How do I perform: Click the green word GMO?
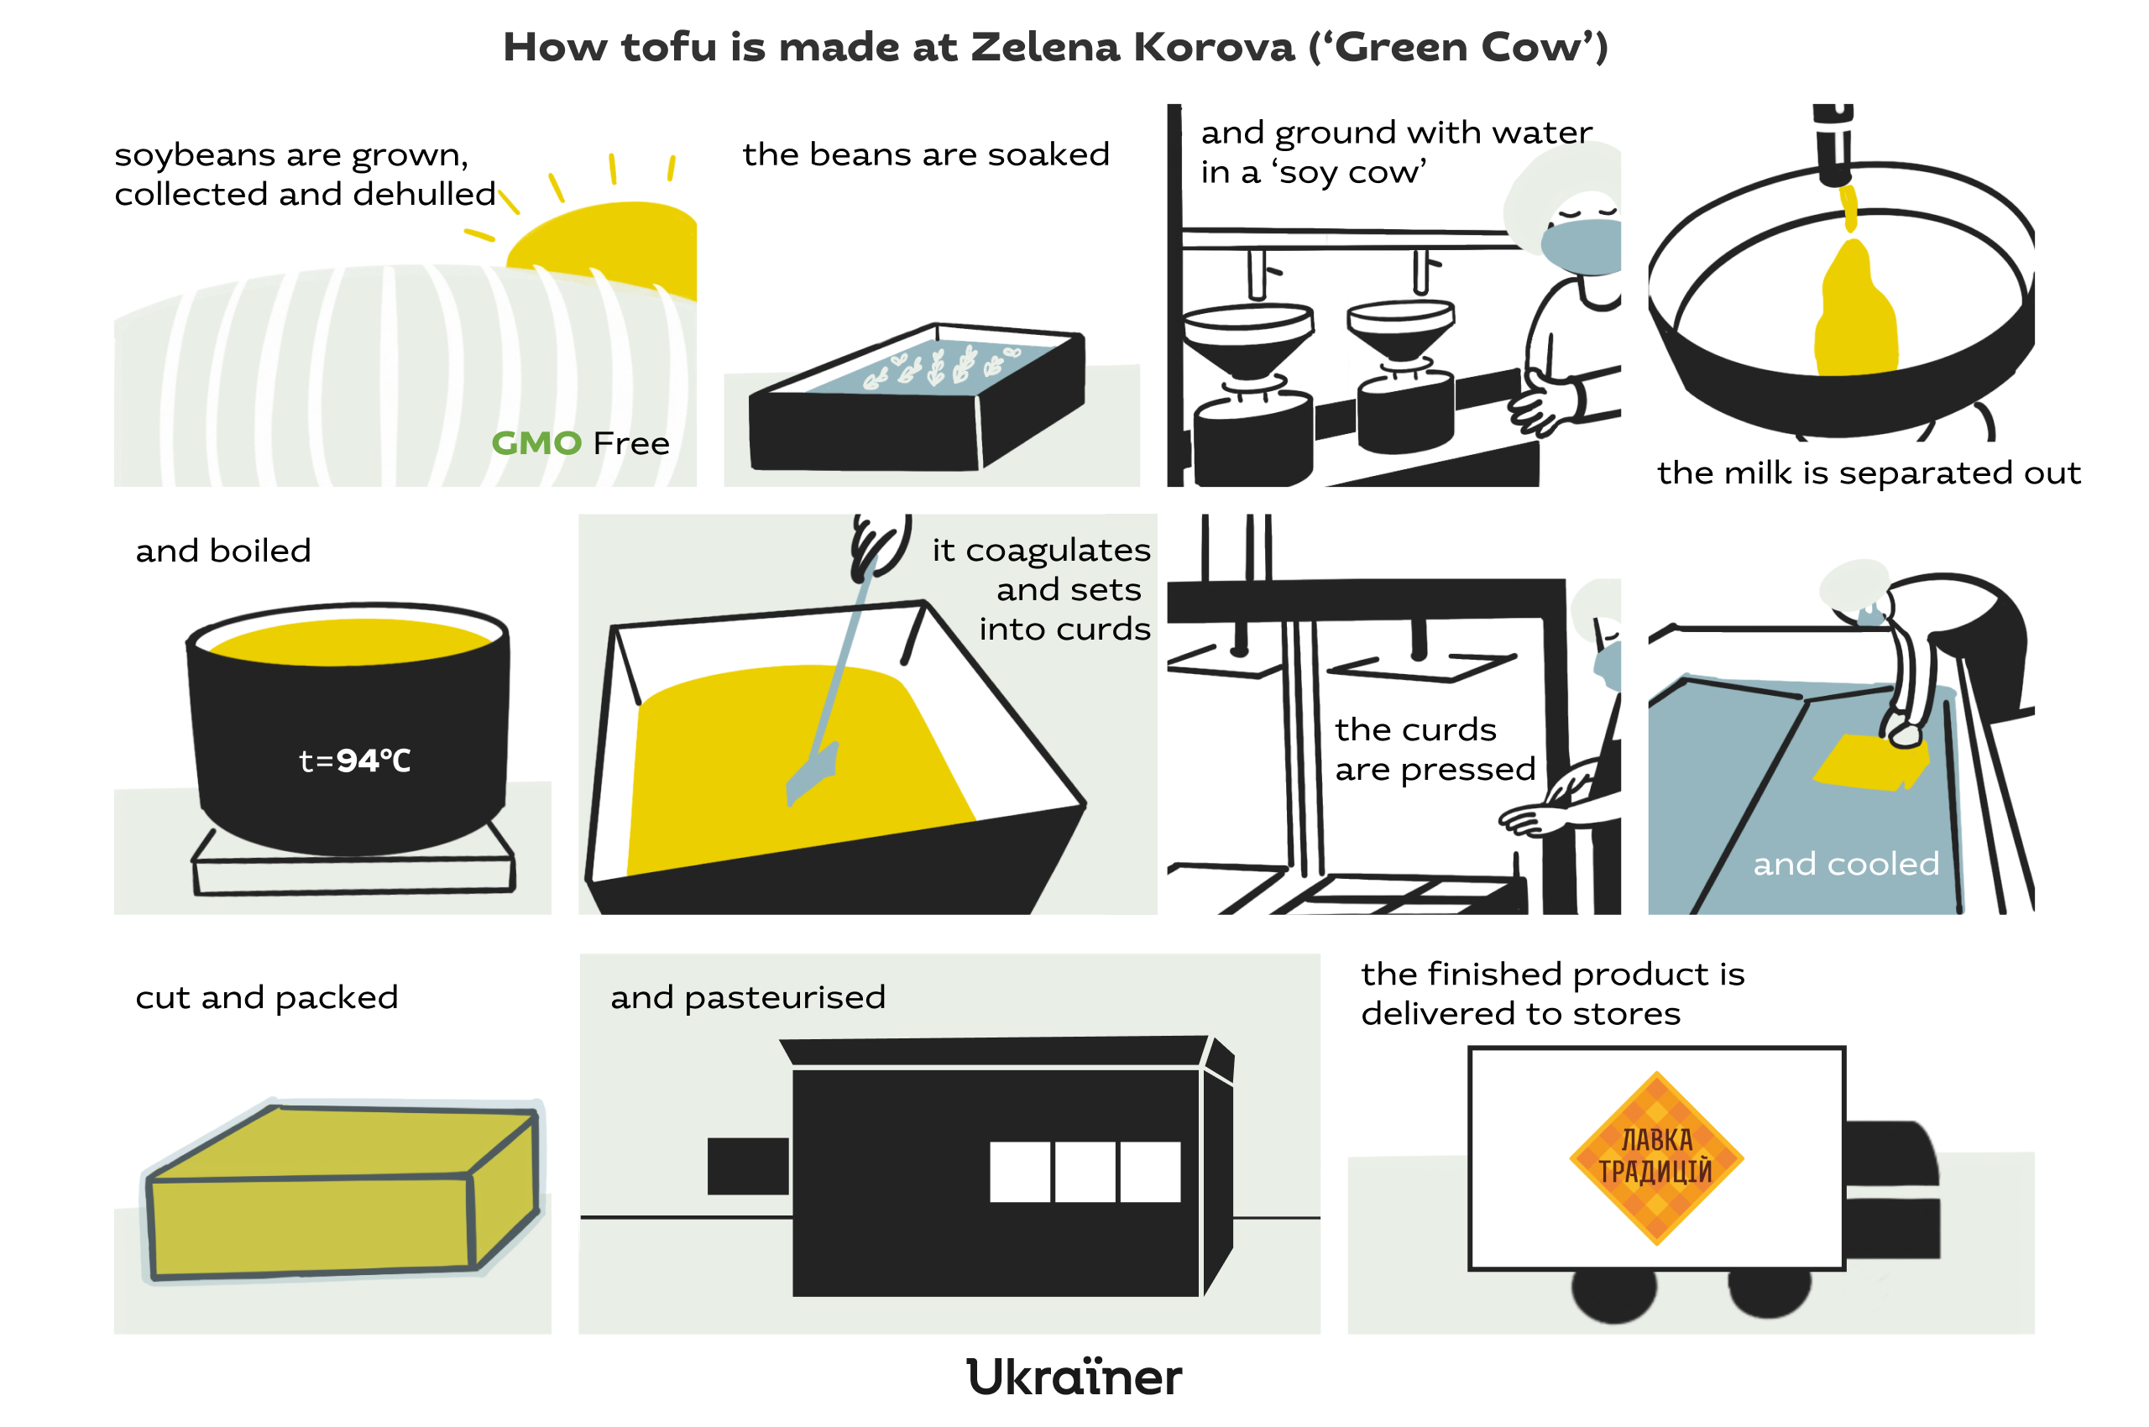click(536, 443)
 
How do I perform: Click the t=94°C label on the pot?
click(355, 760)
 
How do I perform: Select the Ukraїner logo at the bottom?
click(1074, 1377)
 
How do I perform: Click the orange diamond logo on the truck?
click(1656, 1158)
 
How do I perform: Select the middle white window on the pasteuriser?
click(1084, 1172)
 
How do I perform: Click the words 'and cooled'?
click(1846, 864)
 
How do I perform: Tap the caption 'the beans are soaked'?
click(926, 154)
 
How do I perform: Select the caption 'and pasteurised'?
click(747, 998)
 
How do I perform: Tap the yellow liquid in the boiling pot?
click(350, 640)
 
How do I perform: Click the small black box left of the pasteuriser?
click(748, 1166)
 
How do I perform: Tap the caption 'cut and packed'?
click(267, 998)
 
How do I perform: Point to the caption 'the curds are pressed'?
click(1435, 750)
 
